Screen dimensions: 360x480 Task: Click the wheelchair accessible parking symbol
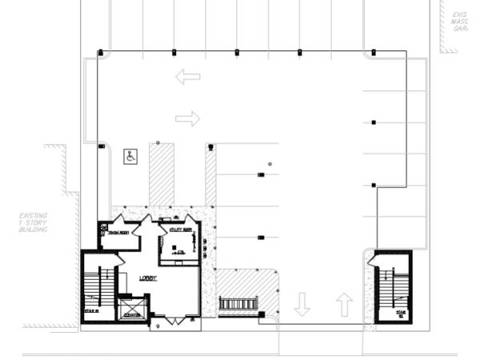point(130,156)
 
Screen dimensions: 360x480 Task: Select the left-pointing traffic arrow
point(188,77)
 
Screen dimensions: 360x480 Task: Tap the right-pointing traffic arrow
point(187,119)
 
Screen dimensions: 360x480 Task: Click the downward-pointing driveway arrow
point(302,304)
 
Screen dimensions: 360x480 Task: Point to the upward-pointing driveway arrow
point(344,304)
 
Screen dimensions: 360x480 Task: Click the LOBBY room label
point(148,278)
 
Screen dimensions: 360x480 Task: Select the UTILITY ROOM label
point(181,230)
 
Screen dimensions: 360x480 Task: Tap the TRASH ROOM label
point(119,232)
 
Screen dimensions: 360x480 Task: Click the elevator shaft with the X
point(132,308)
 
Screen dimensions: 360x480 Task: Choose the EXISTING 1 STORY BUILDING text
point(34,222)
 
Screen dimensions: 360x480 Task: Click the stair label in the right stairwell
point(401,312)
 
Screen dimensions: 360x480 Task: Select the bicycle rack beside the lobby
point(238,304)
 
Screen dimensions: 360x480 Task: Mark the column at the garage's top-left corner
point(100,53)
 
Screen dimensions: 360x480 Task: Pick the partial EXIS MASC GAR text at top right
point(459,22)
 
